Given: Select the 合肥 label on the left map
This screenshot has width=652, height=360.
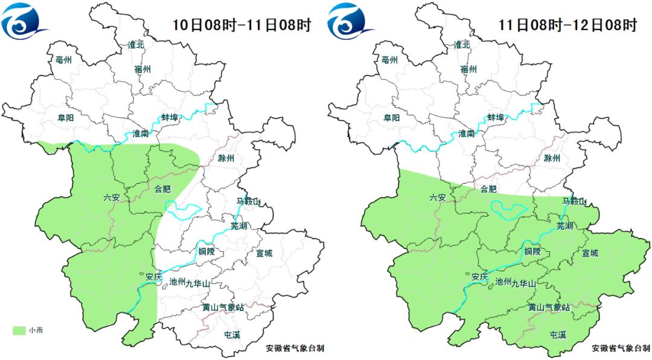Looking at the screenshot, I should tap(163, 188).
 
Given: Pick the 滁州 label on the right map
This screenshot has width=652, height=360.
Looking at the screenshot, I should tap(551, 158).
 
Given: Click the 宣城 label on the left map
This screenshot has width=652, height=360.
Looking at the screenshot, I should tap(264, 253).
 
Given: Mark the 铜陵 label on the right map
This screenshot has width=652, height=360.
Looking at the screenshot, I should tap(532, 252).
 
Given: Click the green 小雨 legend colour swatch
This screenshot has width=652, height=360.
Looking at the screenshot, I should tap(19, 330).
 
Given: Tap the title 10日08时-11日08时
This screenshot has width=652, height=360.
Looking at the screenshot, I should tap(241, 25).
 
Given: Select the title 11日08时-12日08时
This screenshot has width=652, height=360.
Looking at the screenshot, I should tap(567, 25).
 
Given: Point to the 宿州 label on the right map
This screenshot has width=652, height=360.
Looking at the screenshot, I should tap(468, 69).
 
